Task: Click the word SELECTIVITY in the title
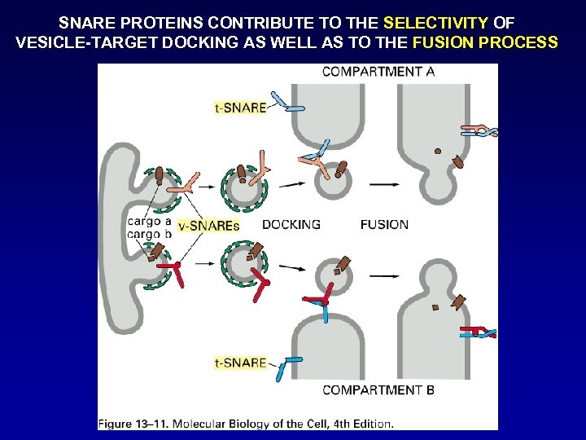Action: tap(435, 23)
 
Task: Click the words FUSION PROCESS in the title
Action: tap(485, 42)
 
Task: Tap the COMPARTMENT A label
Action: tap(378, 72)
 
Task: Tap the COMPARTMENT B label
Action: tap(378, 389)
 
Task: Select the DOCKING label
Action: tap(291, 225)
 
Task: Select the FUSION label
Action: tap(384, 225)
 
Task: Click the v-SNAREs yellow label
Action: tap(209, 226)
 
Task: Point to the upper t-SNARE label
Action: tap(240, 108)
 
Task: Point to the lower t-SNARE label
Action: tap(240, 363)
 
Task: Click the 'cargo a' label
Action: tap(149, 221)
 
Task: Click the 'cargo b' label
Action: tap(149, 234)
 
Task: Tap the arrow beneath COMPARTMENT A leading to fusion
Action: tap(384, 184)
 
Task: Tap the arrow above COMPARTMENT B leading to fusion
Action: tap(384, 275)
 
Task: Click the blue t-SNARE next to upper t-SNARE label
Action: tap(284, 103)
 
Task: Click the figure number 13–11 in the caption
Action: tap(156, 423)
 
